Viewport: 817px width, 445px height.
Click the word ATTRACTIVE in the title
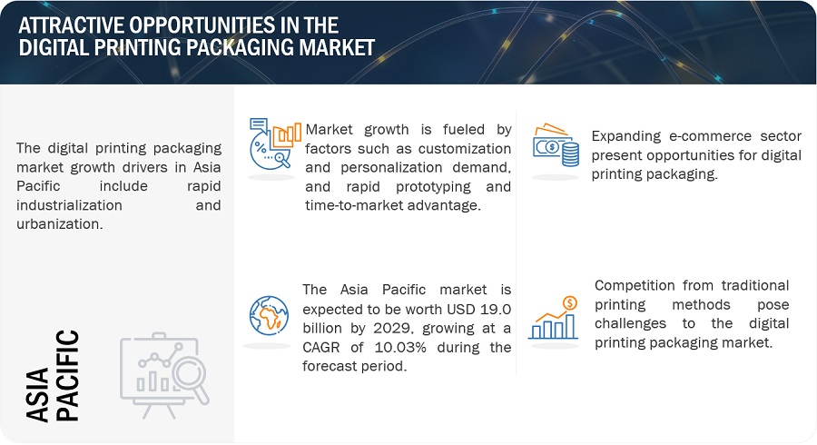click(70, 25)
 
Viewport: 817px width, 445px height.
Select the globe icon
click(269, 315)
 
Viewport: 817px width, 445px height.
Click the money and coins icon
click(556, 145)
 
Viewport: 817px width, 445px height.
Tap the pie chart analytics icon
click(275, 143)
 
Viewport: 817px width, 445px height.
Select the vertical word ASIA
click(37, 394)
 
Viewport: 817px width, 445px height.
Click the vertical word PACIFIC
click(67, 375)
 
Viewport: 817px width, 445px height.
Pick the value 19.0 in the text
click(496, 309)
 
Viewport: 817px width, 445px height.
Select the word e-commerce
click(710, 136)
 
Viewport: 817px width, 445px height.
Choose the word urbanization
click(59, 224)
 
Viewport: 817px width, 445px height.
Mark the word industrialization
click(69, 205)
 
